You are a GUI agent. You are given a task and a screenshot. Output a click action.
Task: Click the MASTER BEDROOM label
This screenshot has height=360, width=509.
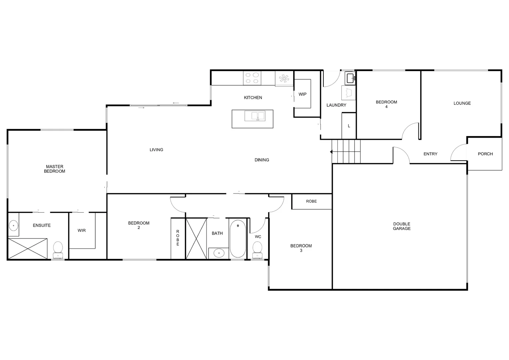(55, 169)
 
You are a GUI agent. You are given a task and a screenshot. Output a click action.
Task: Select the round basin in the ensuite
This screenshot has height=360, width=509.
(13, 226)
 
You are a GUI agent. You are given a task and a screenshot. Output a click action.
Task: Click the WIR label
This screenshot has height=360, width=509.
(82, 230)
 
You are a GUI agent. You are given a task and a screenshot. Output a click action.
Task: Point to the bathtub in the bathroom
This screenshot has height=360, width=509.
(238, 238)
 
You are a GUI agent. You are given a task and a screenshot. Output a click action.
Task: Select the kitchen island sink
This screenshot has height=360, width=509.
(255, 116)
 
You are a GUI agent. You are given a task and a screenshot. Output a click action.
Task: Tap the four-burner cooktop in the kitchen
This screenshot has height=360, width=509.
(252, 78)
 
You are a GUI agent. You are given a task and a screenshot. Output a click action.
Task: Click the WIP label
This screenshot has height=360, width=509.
(302, 94)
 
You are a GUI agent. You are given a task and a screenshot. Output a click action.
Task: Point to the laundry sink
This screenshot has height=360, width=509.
(350, 78)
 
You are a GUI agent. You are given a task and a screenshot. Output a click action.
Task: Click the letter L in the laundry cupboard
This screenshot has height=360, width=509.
(349, 126)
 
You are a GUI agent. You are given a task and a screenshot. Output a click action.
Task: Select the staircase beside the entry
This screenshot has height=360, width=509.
(346, 152)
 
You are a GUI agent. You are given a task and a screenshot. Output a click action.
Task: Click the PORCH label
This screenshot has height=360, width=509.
(485, 154)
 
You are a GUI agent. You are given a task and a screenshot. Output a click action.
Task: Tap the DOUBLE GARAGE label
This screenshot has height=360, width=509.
(401, 226)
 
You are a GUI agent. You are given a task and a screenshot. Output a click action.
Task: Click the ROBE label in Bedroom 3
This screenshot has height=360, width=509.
(311, 201)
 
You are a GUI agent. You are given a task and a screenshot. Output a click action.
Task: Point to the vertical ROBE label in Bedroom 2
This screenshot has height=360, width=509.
(178, 238)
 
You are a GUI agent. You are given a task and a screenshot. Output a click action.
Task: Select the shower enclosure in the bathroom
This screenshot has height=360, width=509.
(196, 238)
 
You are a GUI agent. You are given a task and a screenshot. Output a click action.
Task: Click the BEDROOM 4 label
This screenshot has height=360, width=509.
(386, 104)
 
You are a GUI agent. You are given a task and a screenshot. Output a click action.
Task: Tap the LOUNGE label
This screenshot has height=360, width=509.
(462, 103)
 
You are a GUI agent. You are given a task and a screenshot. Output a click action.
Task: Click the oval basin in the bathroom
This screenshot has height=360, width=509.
(219, 253)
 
